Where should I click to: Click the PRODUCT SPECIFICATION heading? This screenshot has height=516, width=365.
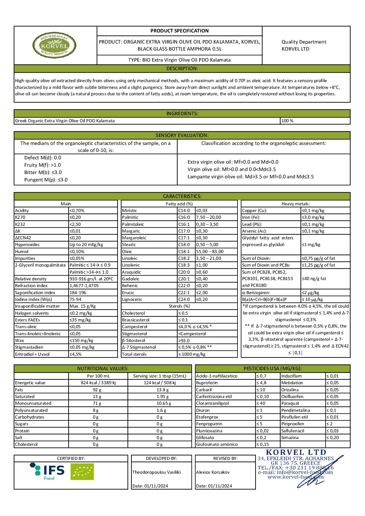pos(179,31)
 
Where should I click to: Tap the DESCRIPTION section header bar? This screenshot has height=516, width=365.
pos(182,68)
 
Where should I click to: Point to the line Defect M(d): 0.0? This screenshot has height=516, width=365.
pos(43,158)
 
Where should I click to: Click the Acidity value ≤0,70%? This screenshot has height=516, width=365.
pos(77,211)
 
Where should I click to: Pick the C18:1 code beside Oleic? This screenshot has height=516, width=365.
pos(184,252)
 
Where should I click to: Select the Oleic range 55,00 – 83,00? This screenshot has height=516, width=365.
pos(210,252)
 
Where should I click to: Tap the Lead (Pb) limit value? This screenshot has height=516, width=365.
pos(313,224)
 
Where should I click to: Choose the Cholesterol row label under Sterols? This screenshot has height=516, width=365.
pos(133,313)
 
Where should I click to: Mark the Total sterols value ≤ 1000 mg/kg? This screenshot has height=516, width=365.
pos(192,354)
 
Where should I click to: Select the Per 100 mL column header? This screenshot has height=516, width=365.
pos(98,376)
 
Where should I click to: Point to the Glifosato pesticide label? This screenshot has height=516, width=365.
pos(205,438)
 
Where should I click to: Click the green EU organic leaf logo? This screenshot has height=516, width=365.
pos(82,471)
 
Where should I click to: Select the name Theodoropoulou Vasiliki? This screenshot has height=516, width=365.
pos(156,472)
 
